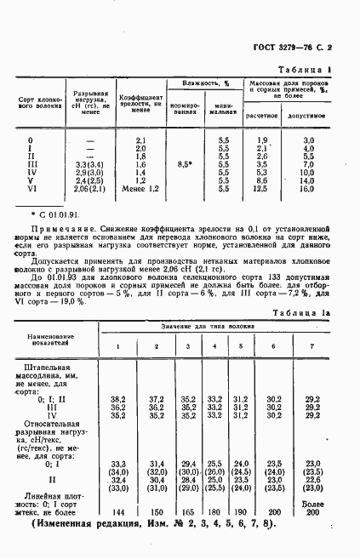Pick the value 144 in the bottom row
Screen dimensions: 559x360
point(118,512)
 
